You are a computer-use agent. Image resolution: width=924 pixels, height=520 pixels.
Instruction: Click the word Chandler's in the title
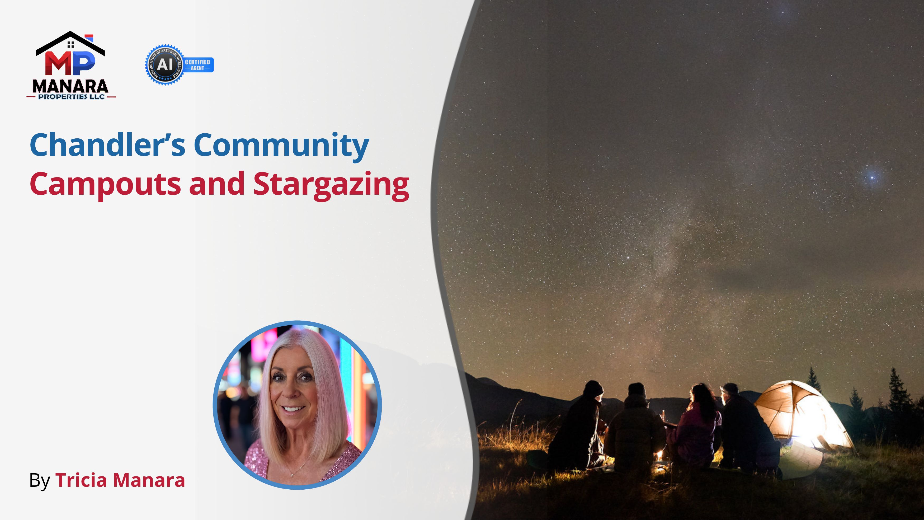point(107,145)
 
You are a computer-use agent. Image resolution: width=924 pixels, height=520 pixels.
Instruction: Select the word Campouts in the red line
point(105,184)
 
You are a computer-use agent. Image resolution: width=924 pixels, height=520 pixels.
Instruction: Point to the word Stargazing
point(331,184)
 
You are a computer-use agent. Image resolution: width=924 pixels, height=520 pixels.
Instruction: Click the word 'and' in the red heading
point(217,184)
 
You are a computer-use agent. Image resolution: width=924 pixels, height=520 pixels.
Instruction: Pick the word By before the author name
point(39,481)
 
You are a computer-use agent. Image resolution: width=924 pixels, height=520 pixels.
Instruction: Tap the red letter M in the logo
point(58,64)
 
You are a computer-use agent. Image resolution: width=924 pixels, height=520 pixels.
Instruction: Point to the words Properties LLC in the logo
point(71,97)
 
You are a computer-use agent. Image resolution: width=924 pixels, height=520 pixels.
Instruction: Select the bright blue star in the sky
point(872,177)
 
